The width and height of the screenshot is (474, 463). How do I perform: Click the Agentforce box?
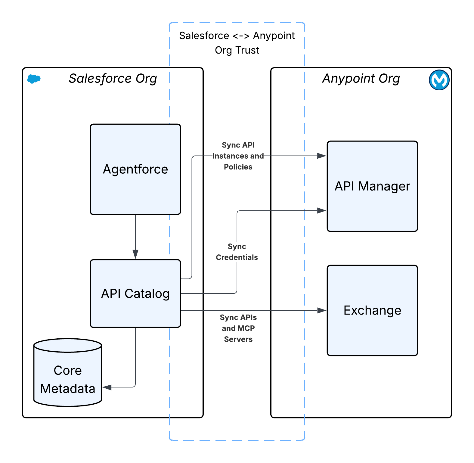pos(135,169)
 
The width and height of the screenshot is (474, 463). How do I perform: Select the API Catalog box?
pos(135,293)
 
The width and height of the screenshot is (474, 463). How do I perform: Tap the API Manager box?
pos(372,186)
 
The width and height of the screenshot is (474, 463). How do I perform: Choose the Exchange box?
pos(372,310)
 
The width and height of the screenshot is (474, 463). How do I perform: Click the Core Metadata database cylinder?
pos(67,373)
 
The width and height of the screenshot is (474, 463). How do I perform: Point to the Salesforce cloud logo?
pos(34,79)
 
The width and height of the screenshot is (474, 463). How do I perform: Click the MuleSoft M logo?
pos(439,80)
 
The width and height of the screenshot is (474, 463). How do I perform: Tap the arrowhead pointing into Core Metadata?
pos(107,387)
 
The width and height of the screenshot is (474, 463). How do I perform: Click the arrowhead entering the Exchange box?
pos(322,310)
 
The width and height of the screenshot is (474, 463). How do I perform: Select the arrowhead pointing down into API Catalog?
pos(135,254)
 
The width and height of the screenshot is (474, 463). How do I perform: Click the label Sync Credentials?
pos(237,252)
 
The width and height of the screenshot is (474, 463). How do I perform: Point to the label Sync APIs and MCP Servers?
pos(238,328)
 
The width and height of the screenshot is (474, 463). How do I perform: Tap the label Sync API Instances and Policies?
pos(238,156)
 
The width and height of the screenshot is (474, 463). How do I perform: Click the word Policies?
pos(238,167)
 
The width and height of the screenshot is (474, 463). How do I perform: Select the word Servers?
pos(238,339)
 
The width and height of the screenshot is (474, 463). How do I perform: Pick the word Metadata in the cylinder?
pos(67,389)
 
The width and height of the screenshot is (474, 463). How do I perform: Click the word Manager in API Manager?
pos(384,186)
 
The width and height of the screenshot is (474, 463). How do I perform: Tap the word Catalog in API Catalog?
pos(147,294)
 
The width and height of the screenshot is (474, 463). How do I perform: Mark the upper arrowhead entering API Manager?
pos(322,156)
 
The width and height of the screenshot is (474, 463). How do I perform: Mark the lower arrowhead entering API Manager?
pos(322,211)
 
